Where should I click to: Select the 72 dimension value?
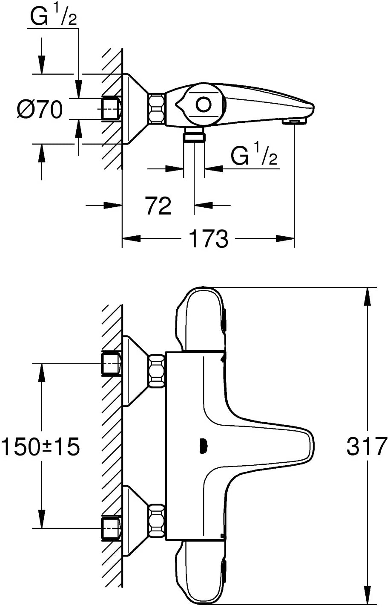(x=158, y=206)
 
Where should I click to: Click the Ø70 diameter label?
(x=40, y=110)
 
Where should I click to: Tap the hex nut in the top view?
(x=156, y=108)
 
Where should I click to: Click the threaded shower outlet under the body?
(x=194, y=136)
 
